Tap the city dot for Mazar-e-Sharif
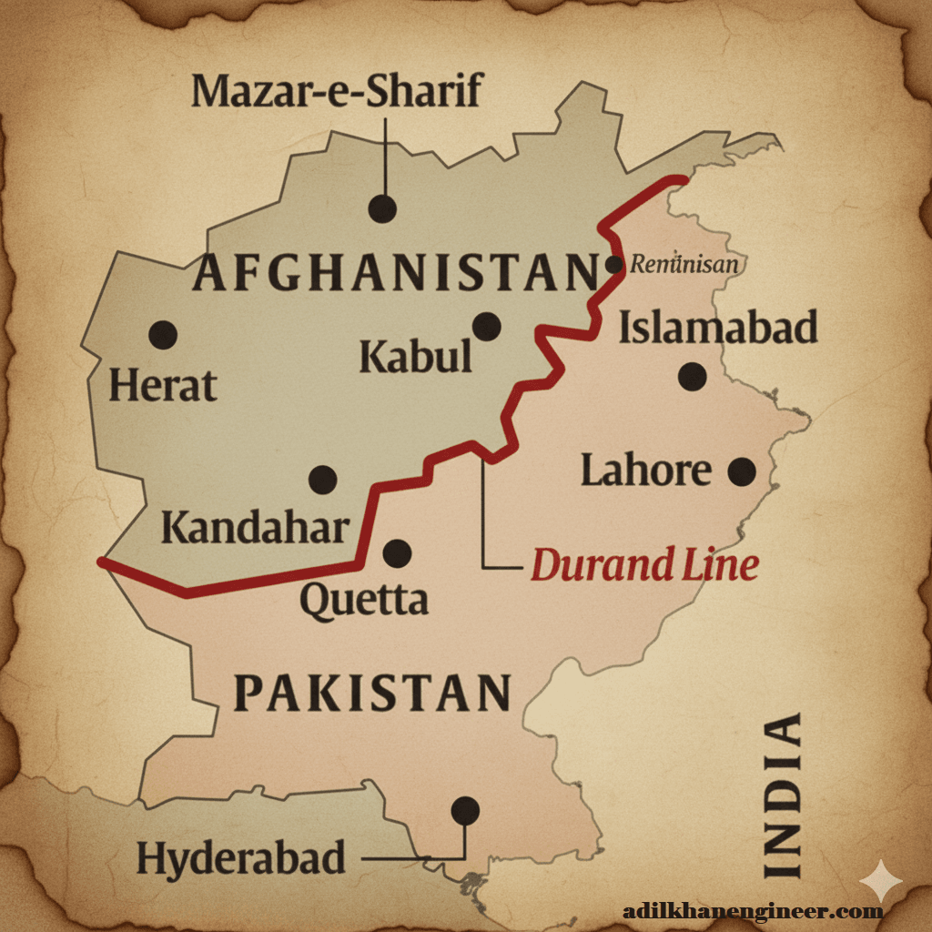click(x=382, y=208)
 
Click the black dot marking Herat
click(x=163, y=335)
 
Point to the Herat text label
click(x=163, y=386)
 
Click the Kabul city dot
click(x=487, y=326)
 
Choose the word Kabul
click(x=415, y=357)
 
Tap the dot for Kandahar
click(x=323, y=479)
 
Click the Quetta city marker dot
click(x=397, y=552)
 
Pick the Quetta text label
click(x=364, y=601)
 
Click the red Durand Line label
click(x=644, y=566)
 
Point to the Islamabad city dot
click(x=693, y=376)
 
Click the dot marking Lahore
click(x=742, y=471)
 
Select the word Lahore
click(x=646, y=471)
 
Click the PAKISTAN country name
click(x=372, y=694)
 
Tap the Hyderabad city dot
click(x=465, y=809)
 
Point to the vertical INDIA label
click(x=783, y=795)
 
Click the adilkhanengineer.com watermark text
click(x=753, y=910)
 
